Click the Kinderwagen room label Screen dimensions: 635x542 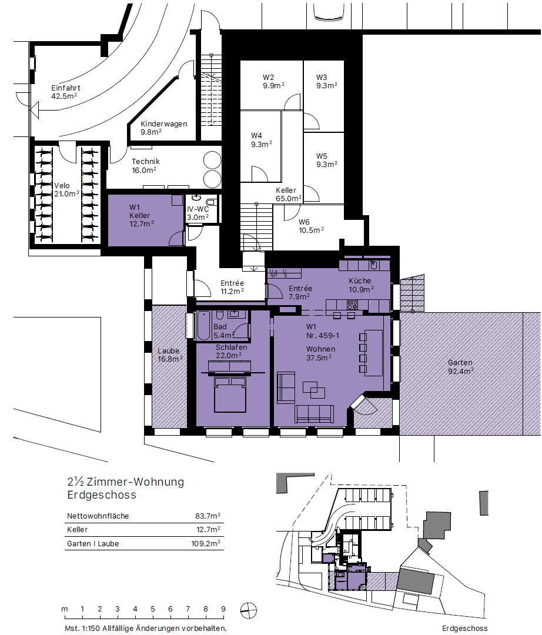(x=164, y=124)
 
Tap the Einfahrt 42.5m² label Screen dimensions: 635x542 (x=66, y=92)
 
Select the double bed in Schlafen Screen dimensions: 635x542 (x=230, y=395)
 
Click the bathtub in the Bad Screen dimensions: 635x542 (x=203, y=326)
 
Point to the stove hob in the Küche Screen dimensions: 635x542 (x=352, y=305)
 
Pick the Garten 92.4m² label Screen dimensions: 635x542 (x=460, y=367)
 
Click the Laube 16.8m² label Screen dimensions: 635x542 (x=170, y=355)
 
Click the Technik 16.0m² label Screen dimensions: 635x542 (x=145, y=166)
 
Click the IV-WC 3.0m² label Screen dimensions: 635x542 (x=198, y=213)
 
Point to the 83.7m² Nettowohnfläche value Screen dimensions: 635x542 (x=208, y=516)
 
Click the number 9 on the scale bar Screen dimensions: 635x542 (x=223, y=609)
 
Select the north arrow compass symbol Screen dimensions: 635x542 (x=248, y=610)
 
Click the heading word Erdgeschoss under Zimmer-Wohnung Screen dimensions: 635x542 (x=102, y=495)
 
